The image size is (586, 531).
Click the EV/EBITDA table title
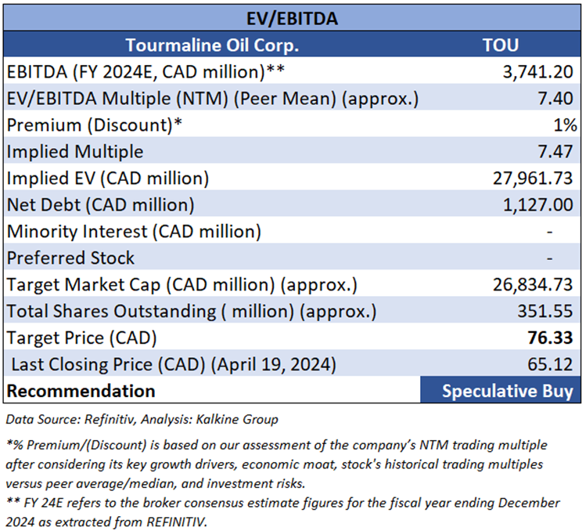[x=293, y=17]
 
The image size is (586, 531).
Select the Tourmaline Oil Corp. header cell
[x=212, y=45]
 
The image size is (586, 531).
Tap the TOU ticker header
[x=501, y=45]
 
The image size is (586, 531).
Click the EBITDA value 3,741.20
[x=537, y=72]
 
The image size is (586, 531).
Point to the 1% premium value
[x=566, y=125]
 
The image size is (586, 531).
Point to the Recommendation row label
[x=81, y=391]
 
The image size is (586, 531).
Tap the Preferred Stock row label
[x=70, y=258]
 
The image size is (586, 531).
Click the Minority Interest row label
[x=134, y=232]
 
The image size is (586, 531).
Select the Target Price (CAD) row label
[x=81, y=338]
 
